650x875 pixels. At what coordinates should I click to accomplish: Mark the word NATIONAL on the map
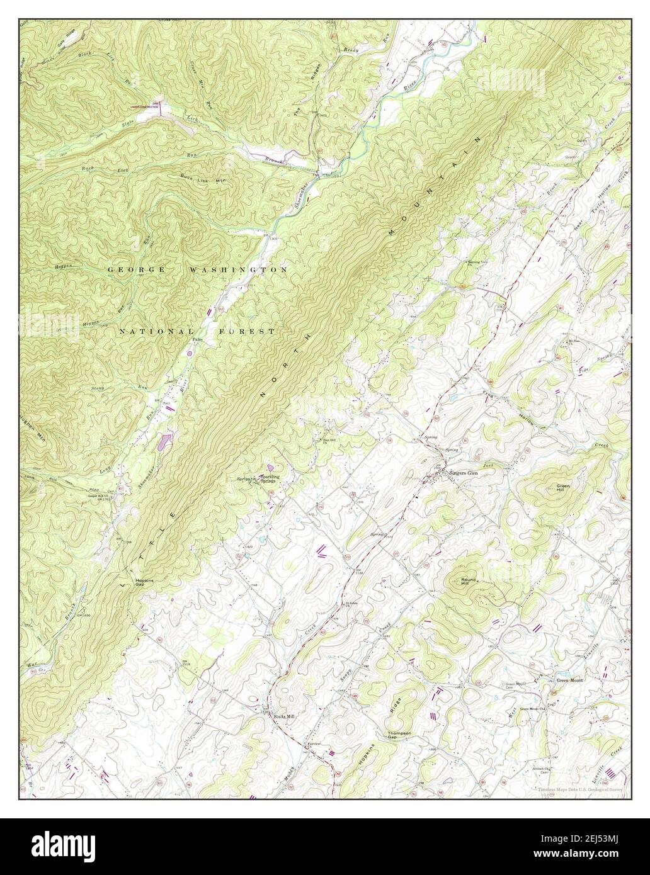tap(157, 331)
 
